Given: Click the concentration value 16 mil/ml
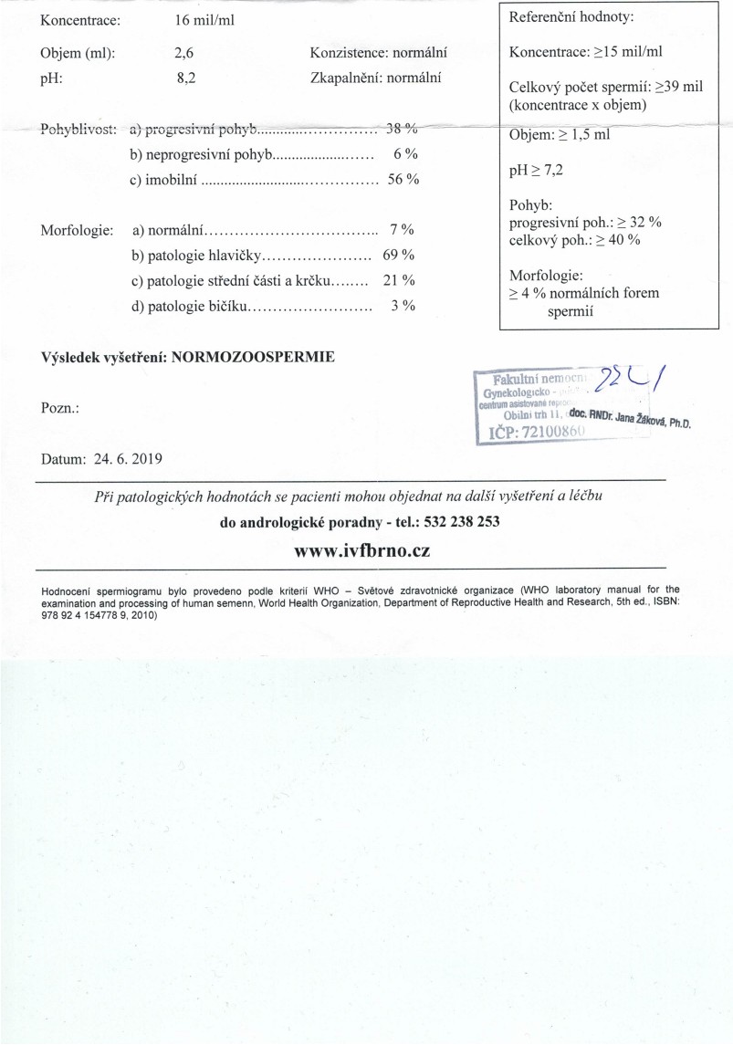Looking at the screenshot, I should click(204, 18).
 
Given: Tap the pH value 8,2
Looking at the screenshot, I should click(187, 78).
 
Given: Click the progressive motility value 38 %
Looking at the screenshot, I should click(400, 128).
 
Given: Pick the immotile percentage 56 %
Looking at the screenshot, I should click(403, 179).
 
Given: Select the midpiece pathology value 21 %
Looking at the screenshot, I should click(400, 280).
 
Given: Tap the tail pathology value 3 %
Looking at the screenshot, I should click(403, 306).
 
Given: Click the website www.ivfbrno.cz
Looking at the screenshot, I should click(362, 551).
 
